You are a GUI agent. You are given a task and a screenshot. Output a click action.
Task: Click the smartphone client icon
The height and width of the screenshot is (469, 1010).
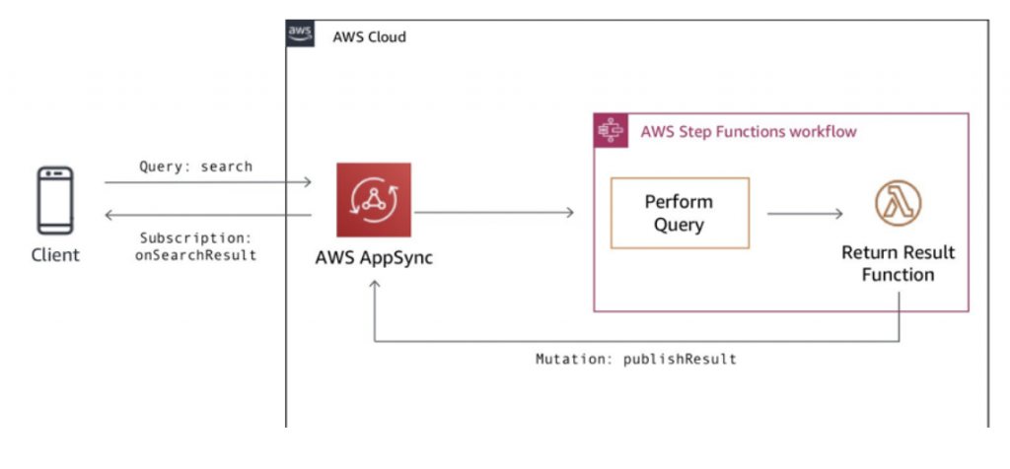pyautogui.click(x=55, y=201)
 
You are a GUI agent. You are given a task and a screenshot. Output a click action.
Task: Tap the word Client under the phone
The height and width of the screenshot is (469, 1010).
pyautogui.click(x=55, y=255)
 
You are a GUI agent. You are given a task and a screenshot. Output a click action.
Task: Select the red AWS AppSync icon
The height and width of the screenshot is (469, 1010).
pyautogui.click(x=374, y=199)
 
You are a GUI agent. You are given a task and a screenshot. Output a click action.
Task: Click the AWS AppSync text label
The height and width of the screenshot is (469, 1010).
pyautogui.click(x=374, y=258)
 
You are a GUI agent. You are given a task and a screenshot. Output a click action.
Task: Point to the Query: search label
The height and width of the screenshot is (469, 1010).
pyautogui.click(x=196, y=167)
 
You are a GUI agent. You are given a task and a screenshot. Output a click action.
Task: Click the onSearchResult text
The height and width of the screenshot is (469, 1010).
pyautogui.click(x=196, y=255)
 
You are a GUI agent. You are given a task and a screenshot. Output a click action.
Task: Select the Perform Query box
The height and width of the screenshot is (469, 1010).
pyautogui.click(x=680, y=213)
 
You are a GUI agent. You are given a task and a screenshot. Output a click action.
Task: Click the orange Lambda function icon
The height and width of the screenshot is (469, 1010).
pyautogui.click(x=898, y=203)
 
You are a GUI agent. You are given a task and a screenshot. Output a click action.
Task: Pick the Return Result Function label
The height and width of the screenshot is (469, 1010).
pyautogui.click(x=898, y=263)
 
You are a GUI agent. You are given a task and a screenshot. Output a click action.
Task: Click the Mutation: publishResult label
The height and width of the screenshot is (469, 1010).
pyautogui.click(x=636, y=359)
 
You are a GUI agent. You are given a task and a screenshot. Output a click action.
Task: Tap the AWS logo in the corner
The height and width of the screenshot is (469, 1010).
pyautogui.click(x=300, y=33)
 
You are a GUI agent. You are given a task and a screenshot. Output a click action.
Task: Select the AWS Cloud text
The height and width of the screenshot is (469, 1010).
pyautogui.click(x=369, y=36)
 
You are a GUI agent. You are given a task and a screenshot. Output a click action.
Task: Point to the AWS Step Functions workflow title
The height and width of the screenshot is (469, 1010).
pyautogui.click(x=749, y=132)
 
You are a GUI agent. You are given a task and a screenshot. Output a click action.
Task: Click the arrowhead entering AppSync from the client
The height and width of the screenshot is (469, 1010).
pyautogui.click(x=308, y=182)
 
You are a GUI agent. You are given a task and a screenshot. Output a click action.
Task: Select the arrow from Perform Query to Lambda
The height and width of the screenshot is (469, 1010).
pyautogui.click(x=805, y=214)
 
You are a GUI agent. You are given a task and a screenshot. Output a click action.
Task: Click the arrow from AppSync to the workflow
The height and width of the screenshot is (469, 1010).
pyautogui.click(x=494, y=212)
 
